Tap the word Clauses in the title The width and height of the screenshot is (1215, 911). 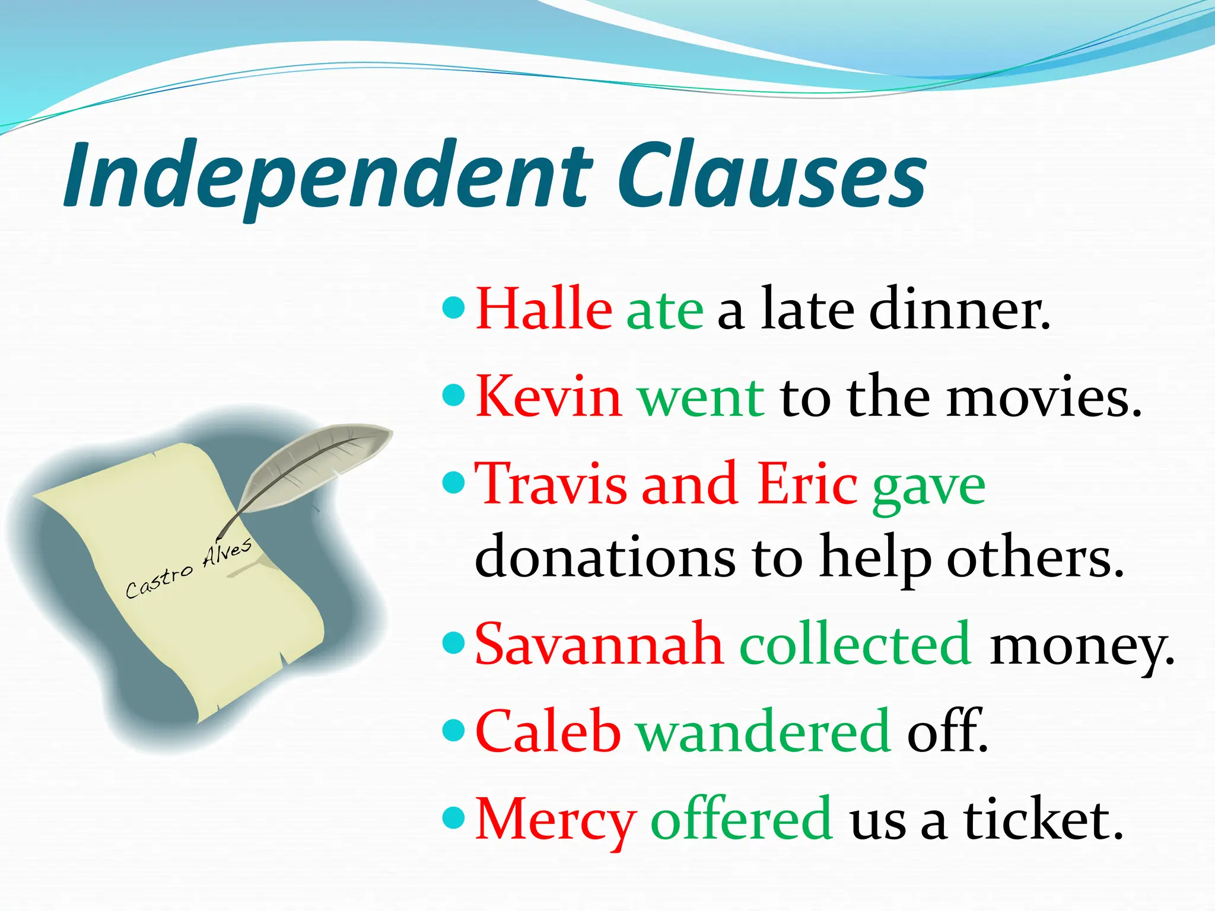pos(771,175)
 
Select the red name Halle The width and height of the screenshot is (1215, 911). pos(544,309)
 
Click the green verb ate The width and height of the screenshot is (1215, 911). pos(665,311)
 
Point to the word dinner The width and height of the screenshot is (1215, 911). pos(959,309)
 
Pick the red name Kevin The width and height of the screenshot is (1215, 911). pos(549,396)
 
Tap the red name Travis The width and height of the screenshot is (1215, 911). pos(552,484)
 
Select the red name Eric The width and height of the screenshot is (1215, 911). pos(807,484)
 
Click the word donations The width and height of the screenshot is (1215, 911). pos(605,558)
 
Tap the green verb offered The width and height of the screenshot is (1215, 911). pos(742,819)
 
